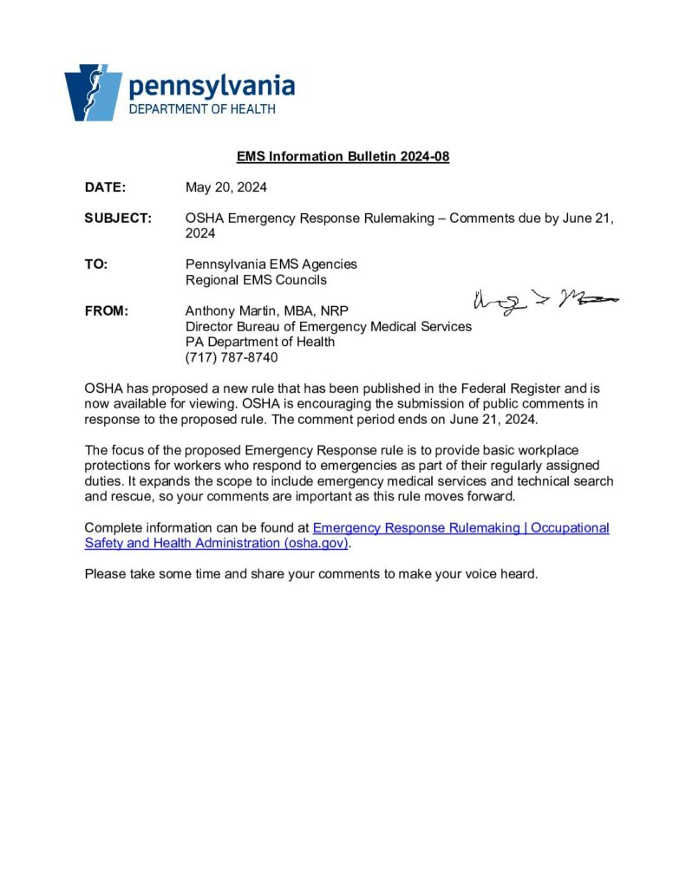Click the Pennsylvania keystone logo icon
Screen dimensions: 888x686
(x=92, y=92)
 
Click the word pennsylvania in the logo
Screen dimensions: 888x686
(x=212, y=87)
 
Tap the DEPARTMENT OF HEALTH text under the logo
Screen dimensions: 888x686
(x=202, y=109)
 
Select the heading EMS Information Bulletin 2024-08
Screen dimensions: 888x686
(x=343, y=157)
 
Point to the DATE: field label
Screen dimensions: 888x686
(x=105, y=187)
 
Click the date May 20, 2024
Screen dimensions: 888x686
(x=226, y=187)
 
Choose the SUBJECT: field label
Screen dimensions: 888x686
(x=118, y=219)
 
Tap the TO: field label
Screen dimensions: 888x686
(x=96, y=264)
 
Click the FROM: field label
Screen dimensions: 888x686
(x=106, y=311)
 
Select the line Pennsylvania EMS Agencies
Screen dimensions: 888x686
(x=271, y=264)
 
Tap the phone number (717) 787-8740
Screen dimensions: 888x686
(x=232, y=357)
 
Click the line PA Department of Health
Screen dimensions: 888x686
(x=260, y=342)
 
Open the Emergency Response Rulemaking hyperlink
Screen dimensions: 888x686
(x=460, y=528)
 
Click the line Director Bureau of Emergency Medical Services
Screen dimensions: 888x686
(x=329, y=327)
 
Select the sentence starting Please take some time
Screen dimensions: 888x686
(x=311, y=574)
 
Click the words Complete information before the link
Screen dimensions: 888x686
(x=148, y=528)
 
